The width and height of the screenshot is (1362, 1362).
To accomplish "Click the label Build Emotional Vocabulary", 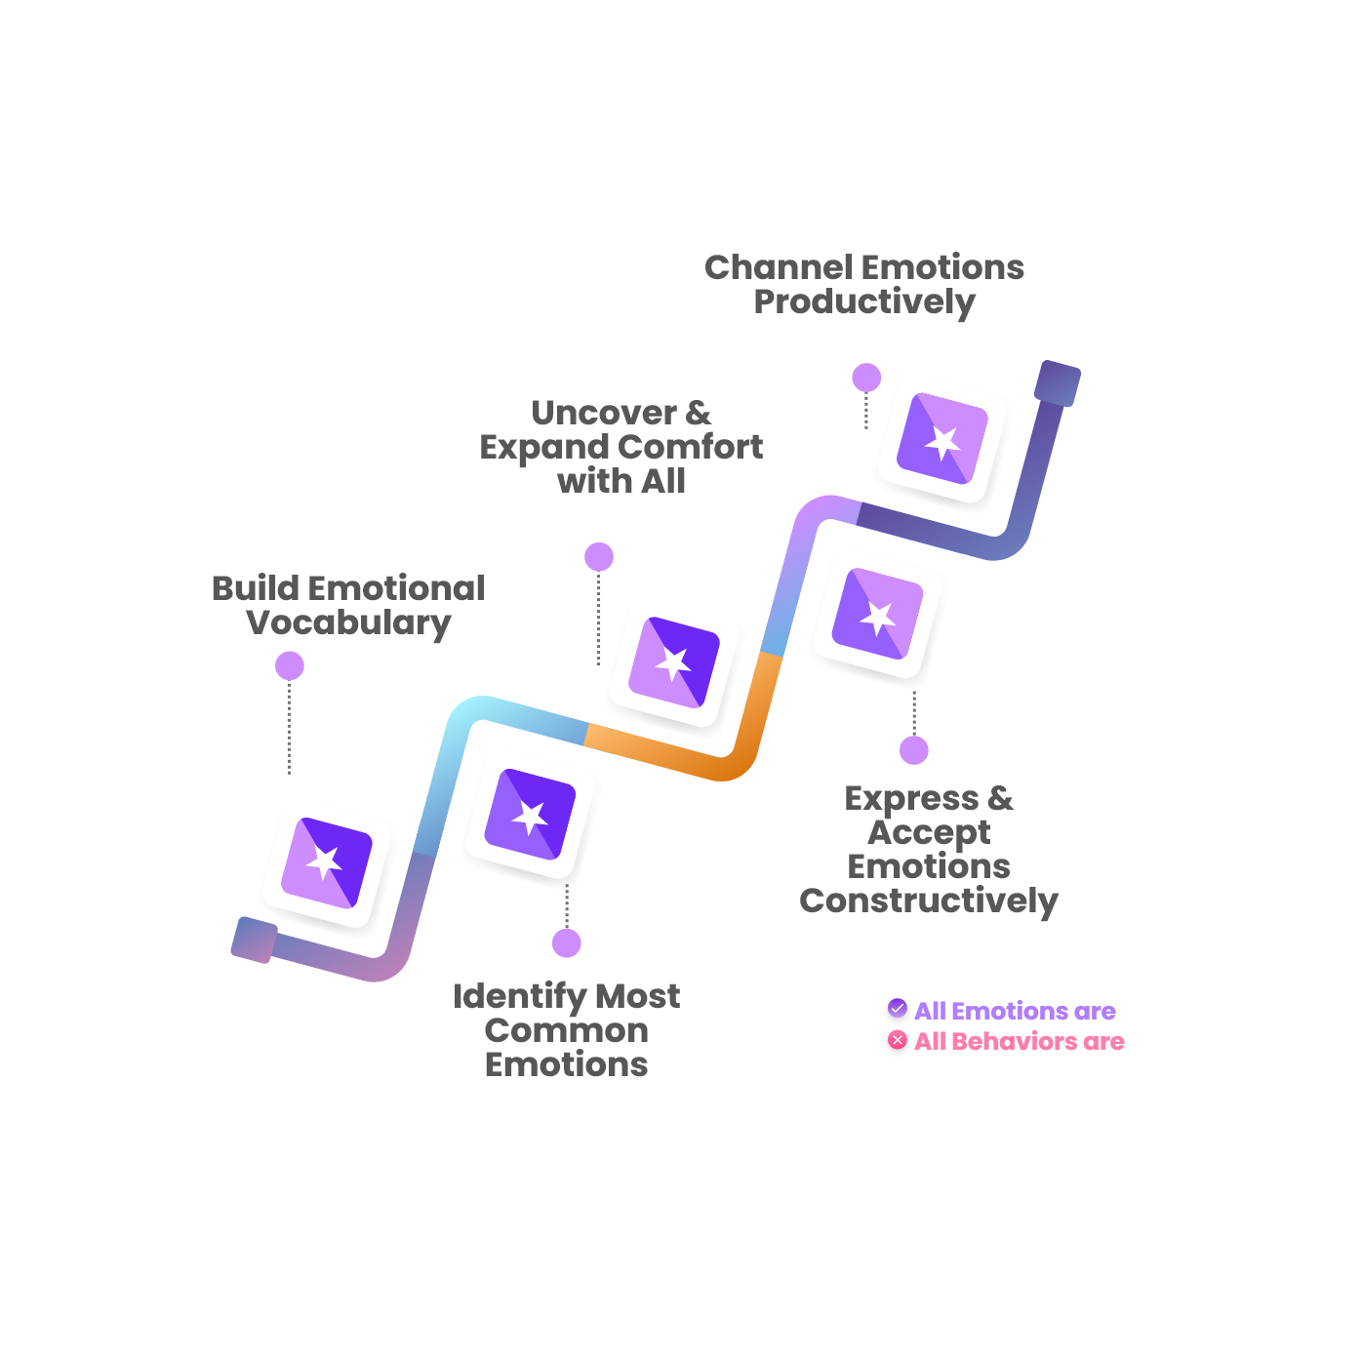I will coord(348,605).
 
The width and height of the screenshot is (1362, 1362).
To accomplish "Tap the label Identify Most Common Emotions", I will coord(566,1029).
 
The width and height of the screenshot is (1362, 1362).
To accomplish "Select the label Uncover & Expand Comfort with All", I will coord(621,447).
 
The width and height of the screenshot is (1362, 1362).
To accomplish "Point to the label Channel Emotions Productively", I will coord(864,284).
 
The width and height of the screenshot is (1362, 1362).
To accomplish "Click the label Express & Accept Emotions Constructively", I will coord(929,849).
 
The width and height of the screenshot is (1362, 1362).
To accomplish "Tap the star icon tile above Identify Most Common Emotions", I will coord(530,817).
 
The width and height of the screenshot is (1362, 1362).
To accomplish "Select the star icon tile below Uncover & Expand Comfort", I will coord(674,664).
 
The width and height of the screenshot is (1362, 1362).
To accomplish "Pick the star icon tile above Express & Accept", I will coord(878,617).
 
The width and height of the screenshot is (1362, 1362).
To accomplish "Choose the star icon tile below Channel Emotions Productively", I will coord(942,441).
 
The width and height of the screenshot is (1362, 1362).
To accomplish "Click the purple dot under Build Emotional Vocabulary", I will coord(290,665).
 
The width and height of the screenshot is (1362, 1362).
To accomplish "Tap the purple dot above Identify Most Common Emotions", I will coord(567,943).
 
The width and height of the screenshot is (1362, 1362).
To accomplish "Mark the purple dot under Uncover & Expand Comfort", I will coord(599,557).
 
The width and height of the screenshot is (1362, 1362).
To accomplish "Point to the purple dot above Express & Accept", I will coord(914,750).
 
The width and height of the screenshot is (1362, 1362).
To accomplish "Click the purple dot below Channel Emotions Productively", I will coord(866,378).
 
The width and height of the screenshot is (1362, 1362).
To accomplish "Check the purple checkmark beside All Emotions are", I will coord(898,1009).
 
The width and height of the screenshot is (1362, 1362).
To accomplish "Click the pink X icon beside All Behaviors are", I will coord(898,1040).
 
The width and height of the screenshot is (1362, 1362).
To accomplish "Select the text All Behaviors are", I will coord(1019,1041).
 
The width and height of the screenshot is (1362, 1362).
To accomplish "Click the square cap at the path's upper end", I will coord(1058,382).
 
